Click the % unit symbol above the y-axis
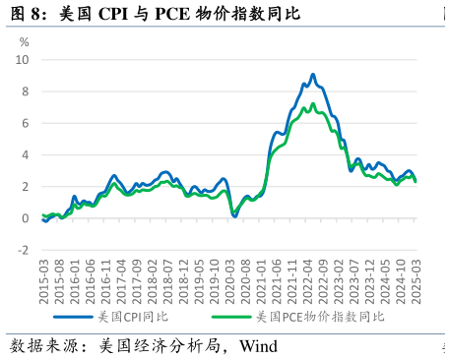(25, 42)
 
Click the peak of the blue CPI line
(312, 74)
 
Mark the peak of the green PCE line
(313, 103)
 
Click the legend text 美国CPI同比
(134, 318)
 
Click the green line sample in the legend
(230, 318)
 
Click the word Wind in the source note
(259, 346)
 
